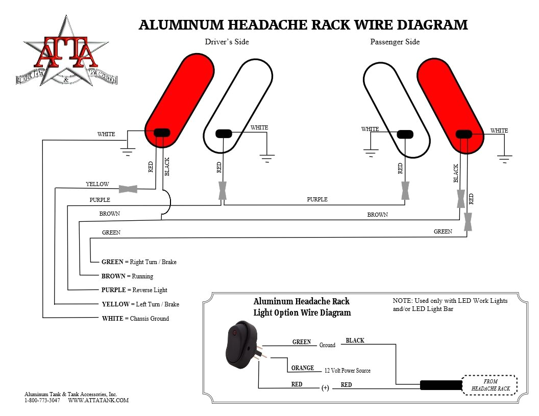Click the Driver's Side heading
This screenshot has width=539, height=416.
coord(227,42)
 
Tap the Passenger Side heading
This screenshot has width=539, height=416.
coord(395,42)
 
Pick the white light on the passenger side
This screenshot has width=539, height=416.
coord(395,110)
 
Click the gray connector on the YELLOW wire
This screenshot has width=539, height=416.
coord(128,189)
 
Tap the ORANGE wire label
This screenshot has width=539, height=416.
coord(302,368)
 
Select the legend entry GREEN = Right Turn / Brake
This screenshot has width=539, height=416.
coord(139,262)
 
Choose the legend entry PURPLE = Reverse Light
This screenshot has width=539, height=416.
coord(134,290)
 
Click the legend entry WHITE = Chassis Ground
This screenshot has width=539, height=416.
coord(135,319)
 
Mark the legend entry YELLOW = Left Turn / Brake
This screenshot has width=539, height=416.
coord(140,304)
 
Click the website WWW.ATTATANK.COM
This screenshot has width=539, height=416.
coord(98,401)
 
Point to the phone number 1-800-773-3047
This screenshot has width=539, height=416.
coord(42,401)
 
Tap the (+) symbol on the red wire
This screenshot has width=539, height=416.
coord(325,388)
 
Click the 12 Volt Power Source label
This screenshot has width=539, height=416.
coord(347,371)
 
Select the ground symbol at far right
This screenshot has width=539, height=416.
coord(504,159)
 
